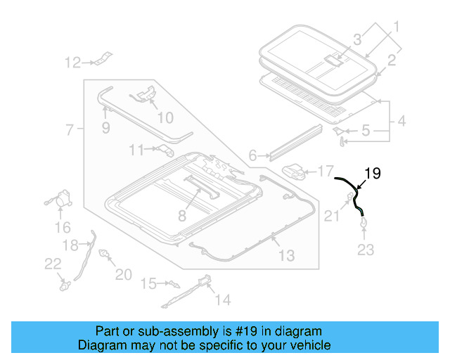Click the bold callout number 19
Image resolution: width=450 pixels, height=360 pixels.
(x=372, y=173)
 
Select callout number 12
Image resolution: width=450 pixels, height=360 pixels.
(x=73, y=63)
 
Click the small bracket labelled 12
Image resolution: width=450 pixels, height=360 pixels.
(x=103, y=59)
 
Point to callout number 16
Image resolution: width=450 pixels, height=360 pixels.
(x=63, y=227)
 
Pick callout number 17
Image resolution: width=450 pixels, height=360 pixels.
(x=325, y=171)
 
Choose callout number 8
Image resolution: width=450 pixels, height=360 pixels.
(x=183, y=215)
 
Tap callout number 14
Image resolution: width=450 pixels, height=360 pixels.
(x=222, y=300)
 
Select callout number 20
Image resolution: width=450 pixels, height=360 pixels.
(x=123, y=274)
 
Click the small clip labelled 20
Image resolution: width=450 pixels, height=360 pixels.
(x=105, y=254)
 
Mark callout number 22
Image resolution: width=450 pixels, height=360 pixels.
(x=53, y=263)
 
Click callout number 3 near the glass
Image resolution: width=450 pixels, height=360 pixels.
(x=358, y=39)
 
